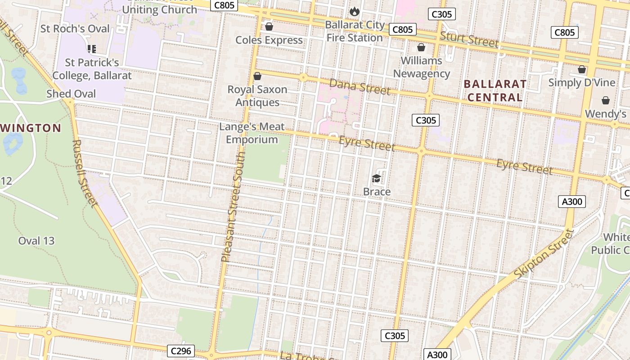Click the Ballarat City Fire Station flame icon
355,11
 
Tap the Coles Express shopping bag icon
269,27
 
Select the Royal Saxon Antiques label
257,96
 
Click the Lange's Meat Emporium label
252,133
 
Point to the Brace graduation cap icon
377,179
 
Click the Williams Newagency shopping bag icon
421,47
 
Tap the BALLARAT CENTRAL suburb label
495,90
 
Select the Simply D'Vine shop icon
582,70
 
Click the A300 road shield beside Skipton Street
572,202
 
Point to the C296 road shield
181,351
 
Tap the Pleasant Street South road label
234,207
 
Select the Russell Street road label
85,174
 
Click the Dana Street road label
360,86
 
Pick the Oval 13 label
36,241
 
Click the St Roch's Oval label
75,29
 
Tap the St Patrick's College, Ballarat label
92,69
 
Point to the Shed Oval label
71,94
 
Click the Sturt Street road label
469,40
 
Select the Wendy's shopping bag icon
606,100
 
